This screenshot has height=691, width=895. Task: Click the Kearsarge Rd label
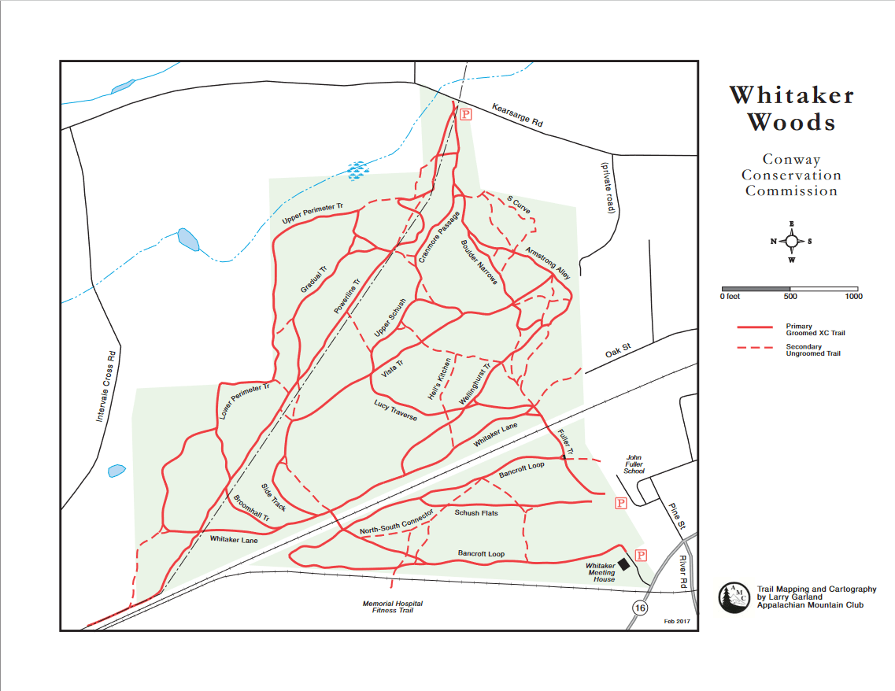518,115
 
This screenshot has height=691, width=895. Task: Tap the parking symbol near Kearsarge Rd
466,114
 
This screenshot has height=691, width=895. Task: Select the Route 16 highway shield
640,608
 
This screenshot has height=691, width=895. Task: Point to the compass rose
792,242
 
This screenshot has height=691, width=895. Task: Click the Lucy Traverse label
395,409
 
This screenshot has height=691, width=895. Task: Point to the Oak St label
619,349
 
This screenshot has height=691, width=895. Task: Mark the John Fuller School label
634,464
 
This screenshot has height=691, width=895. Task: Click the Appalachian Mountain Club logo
734,597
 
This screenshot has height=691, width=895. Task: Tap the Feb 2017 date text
677,622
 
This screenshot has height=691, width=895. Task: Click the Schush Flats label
476,513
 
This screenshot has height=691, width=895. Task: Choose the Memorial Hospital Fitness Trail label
392,607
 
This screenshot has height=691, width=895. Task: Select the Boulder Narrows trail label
479,261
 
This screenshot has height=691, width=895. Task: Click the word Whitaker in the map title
791,96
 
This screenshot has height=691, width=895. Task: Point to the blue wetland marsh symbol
357,168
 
